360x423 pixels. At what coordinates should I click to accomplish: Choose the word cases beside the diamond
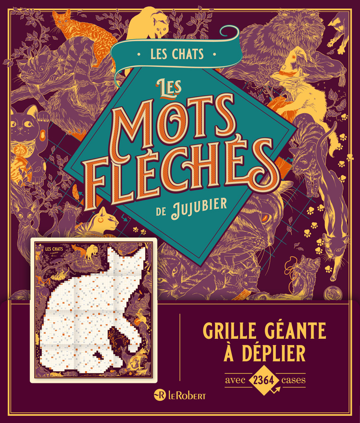(x=293, y=379)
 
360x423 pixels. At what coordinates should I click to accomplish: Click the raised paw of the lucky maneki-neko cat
(x=43, y=118)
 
